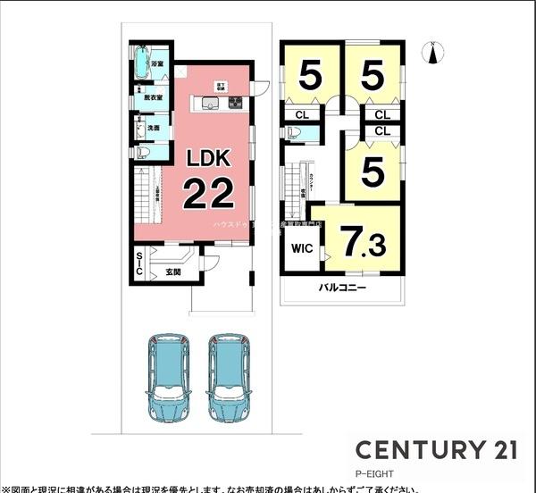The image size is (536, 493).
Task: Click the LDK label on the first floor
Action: pos(208,158)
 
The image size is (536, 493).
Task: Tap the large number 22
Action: pos(208,192)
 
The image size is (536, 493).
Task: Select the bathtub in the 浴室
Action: pos(142,63)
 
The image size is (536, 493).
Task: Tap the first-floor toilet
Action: pos(140,152)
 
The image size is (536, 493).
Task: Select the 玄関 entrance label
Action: pos(173,272)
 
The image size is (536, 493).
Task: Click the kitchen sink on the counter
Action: pos(210,104)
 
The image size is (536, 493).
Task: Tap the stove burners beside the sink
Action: pos(235,104)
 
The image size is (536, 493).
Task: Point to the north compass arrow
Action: pos(431,53)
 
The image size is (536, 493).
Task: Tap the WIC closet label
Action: pos(301,249)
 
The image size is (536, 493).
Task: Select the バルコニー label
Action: pos(344,289)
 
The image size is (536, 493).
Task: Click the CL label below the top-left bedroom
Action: pos(302,114)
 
